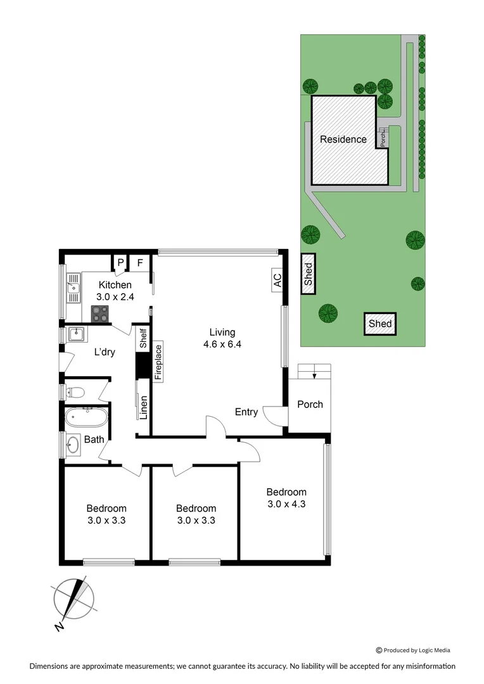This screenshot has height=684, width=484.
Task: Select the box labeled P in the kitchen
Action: pos(120,262)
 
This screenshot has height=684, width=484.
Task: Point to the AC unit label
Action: pos(277,280)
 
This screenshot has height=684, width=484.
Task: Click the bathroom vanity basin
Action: pos(73,445)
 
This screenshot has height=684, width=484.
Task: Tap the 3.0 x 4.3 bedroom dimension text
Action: pos(286,504)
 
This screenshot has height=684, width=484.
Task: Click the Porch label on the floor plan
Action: pos(310,404)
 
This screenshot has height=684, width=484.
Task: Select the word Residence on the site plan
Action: pos(343,139)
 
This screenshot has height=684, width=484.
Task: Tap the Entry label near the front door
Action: pos(246,412)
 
